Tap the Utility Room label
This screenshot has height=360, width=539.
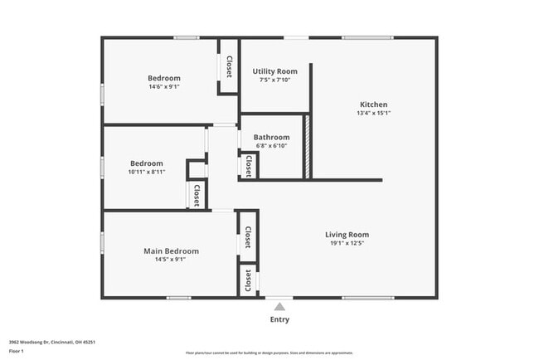coord(274,71)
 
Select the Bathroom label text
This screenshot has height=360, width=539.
coord(271,137)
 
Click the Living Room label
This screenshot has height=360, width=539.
coord(347,234)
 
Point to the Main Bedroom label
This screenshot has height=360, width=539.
coord(171,251)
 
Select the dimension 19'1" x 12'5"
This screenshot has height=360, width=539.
coord(347,243)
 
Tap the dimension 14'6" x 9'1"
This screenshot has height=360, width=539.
coord(164,86)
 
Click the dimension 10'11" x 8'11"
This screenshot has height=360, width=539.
coord(146,172)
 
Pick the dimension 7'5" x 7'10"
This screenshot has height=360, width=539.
coord(274,80)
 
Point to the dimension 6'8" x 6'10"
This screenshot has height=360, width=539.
coord(271,146)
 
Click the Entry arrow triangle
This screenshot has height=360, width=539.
coord(279,307)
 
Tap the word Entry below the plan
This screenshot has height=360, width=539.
coord(279,319)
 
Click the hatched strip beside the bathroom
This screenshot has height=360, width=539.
coord(306,146)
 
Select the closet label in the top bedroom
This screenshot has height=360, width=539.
coord(229,66)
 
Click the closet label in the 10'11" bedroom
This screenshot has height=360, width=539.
coord(197,195)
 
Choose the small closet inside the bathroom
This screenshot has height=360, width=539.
coord(248,166)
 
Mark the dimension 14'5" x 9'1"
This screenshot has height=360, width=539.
coord(171,259)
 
